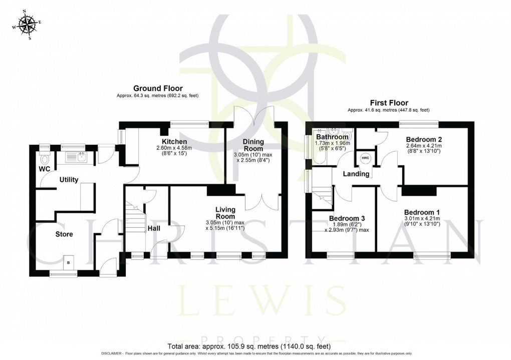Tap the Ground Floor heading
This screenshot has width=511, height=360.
158,89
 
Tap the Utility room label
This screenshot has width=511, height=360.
69,179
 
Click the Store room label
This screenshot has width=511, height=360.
64,234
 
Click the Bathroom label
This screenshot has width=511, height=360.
332,137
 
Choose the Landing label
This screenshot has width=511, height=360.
356,174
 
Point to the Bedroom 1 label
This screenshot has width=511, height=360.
422,212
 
